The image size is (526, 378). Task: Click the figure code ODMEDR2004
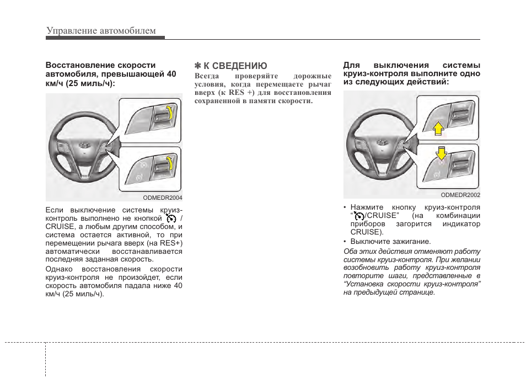click(x=163, y=197)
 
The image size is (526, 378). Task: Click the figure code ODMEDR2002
click(x=460, y=195)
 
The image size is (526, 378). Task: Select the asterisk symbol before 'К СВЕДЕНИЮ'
click(x=198, y=66)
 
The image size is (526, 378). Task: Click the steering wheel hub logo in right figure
click(x=382, y=143)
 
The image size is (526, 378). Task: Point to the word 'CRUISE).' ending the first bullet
click(x=363, y=232)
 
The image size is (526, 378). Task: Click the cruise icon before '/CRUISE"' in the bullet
click(x=359, y=216)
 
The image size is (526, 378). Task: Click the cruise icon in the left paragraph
click(x=170, y=219)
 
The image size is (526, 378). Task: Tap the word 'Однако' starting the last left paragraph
click(x=58, y=269)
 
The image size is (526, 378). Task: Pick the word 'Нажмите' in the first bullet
click(x=367, y=207)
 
